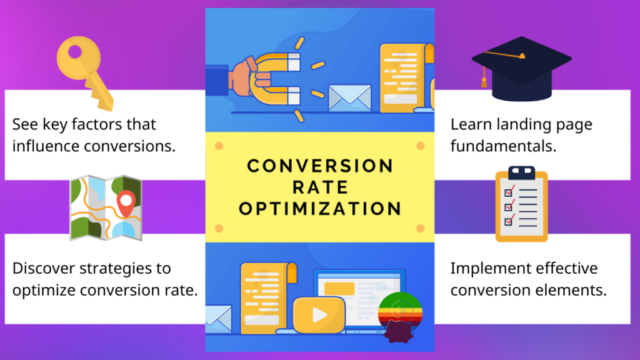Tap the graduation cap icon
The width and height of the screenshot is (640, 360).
(x=522, y=69)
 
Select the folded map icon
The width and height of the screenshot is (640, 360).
(x=106, y=208)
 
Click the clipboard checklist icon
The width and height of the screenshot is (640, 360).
(x=521, y=204)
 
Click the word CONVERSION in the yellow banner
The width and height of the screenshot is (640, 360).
(x=320, y=166)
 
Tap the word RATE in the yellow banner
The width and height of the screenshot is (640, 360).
(x=320, y=187)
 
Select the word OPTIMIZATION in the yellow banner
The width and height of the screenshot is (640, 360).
(x=320, y=209)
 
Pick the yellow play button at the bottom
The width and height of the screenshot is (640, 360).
(x=319, y=315)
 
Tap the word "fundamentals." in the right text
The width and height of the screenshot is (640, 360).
(x=503, y=146)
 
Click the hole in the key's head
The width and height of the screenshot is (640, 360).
(x=75, y=52)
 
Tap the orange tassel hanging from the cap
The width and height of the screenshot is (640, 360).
(x=484, y=79)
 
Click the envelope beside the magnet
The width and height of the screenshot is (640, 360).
(x=350, y=97)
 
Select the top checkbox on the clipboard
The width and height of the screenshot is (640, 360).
(x=509, y=192)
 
